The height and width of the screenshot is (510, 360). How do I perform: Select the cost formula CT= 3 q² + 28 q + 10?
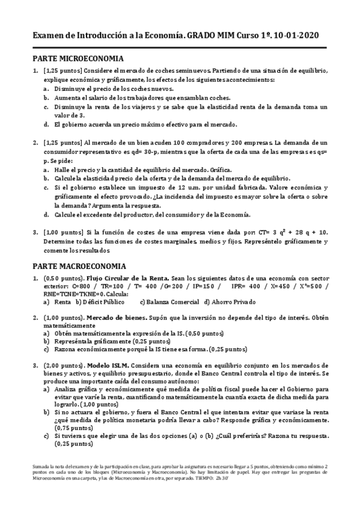point(288,232)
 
